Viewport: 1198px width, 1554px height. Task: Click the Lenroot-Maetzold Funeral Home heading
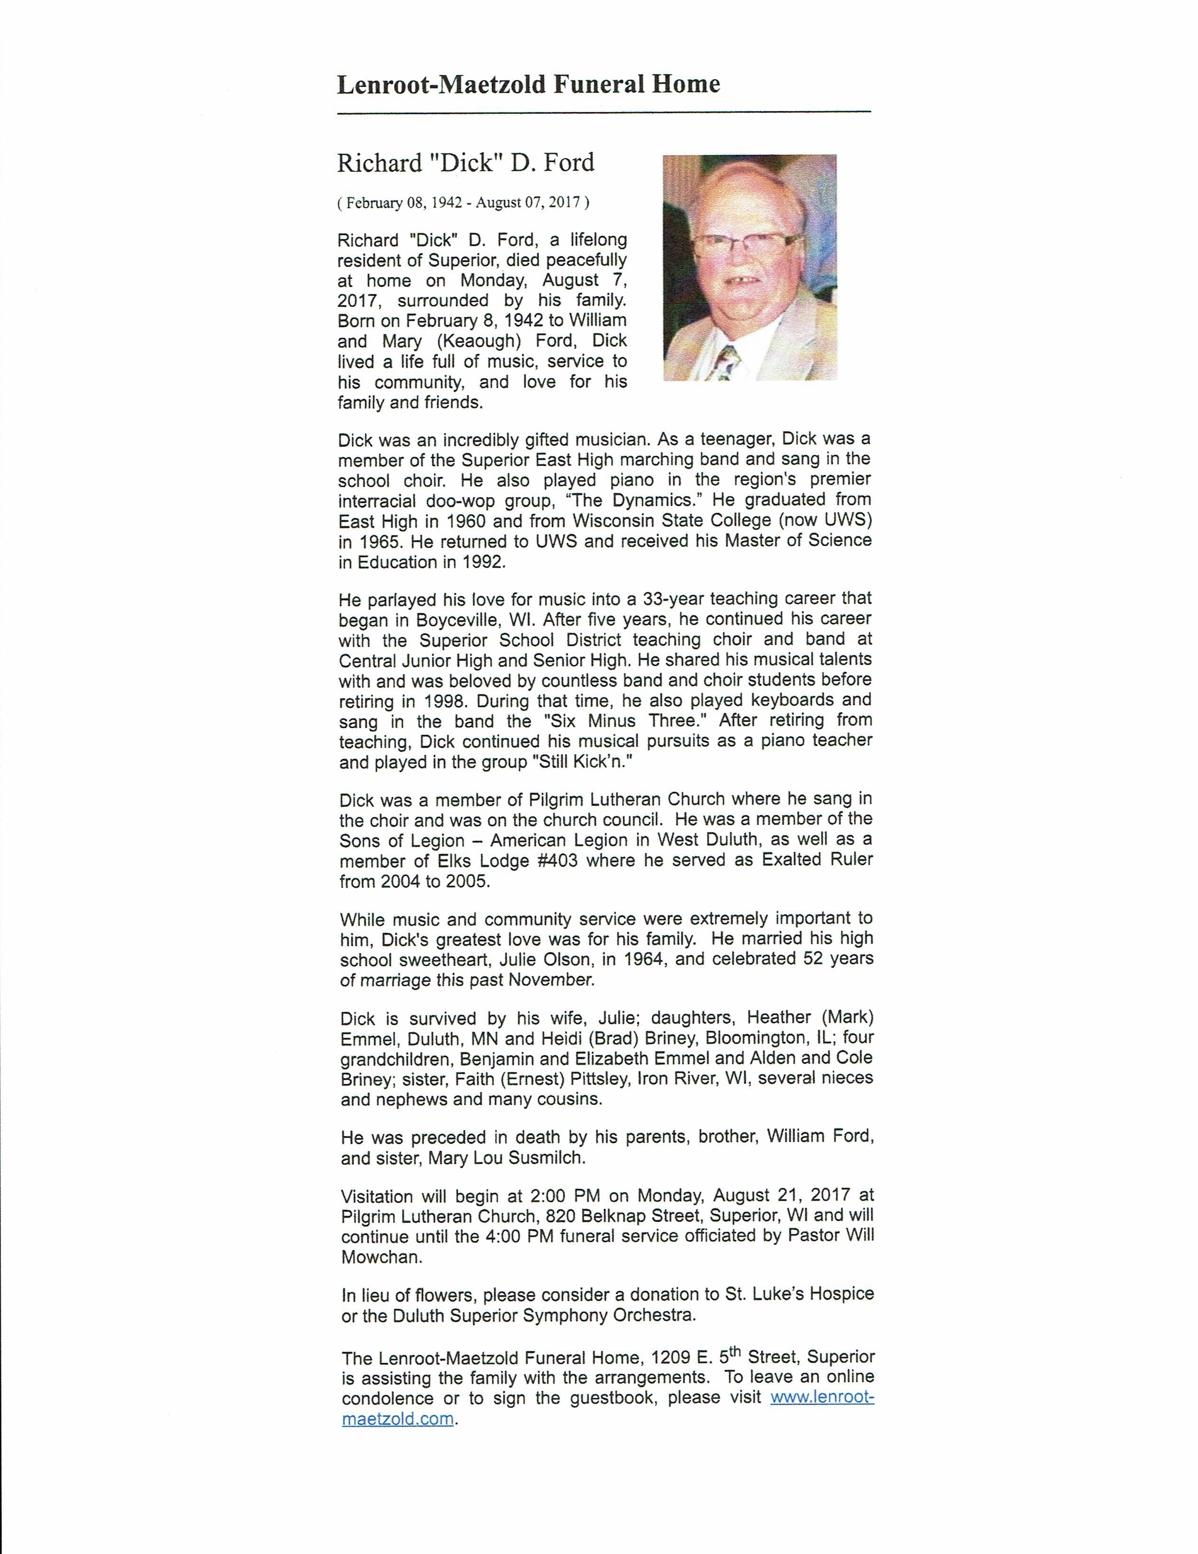(528, 84)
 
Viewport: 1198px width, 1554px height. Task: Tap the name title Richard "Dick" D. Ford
(465, 163)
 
